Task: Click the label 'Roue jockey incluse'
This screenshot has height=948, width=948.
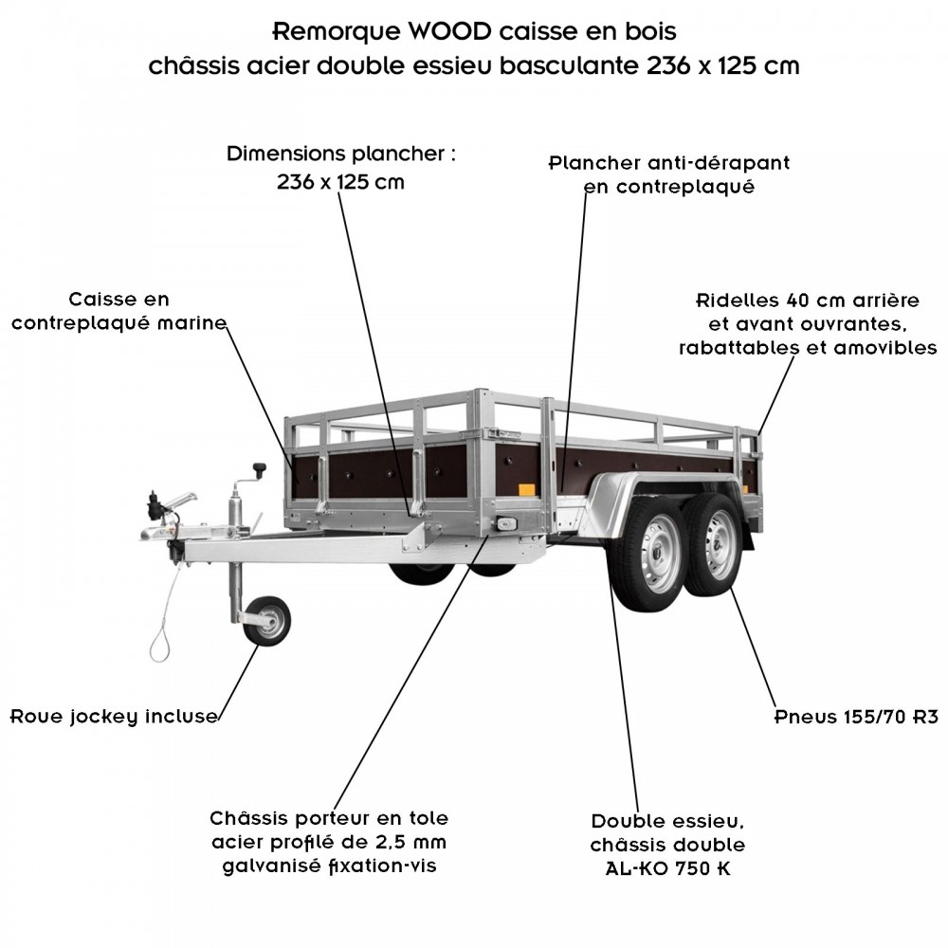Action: click(x=114, y=716)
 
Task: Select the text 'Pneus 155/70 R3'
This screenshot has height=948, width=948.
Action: click(x=856, y=716)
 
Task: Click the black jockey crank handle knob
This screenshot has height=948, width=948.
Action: click(x=258, y=469)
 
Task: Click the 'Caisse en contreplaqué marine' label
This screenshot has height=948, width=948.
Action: click(x=118, y=312)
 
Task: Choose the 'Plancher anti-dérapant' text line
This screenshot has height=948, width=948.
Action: click(x=669, y=163)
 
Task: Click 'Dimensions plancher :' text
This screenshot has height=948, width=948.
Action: click(x=341, y=154)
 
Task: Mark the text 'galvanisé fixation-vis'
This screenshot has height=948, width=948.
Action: click(x=329, y=866)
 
